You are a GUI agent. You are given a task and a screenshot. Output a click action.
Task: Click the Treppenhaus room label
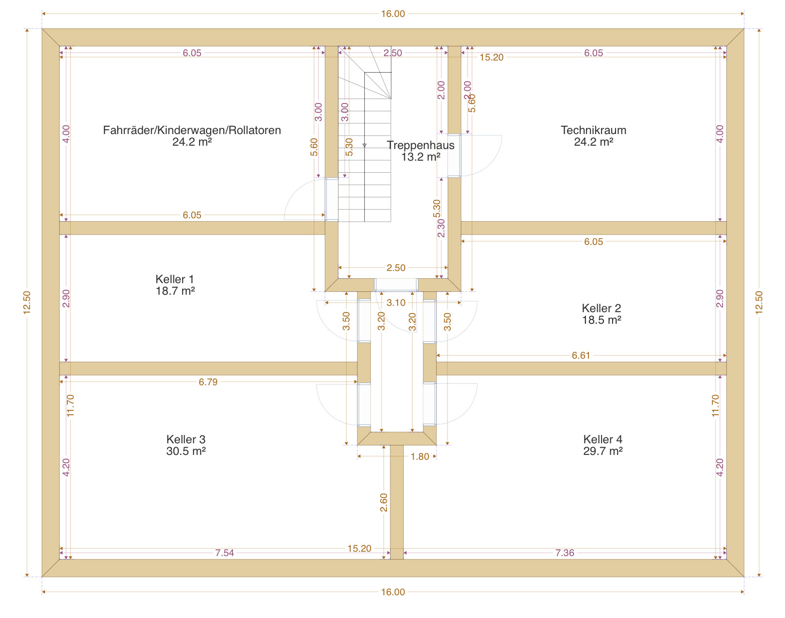[x=420, y=145]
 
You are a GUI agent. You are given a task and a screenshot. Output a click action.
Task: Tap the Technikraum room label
[x=593, y=130]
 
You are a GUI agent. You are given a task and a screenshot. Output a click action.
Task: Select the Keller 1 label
[x=175, y=279]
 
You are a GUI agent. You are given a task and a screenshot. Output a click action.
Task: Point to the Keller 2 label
[x=601, y=308]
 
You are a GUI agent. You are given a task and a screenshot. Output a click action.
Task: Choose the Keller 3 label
[x=185, y=439]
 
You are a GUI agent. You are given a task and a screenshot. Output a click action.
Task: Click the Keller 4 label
[x=602, y=439]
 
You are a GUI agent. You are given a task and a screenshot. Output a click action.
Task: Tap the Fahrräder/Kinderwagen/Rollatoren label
[x=192, y=130]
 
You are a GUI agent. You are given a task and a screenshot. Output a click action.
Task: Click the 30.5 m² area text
[x=185, y=451]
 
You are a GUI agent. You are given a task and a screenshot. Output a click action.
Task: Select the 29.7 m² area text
[x=602, y=451]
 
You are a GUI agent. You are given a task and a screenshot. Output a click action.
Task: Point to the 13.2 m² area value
[x=421, y=157]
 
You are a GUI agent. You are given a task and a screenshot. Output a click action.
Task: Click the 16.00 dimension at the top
[x=393, y=14]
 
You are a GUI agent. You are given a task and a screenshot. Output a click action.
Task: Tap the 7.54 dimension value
[x=224, y=553]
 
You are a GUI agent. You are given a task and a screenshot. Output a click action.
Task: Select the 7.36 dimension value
[x=565, y=553]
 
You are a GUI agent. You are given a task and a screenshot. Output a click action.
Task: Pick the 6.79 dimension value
[x=208, y=382]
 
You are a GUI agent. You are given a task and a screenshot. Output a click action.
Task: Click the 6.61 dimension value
[x=581, y=355]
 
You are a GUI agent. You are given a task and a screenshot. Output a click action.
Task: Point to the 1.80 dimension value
[x=420, y=456]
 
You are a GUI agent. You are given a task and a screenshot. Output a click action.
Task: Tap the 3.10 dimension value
[x=396, y=302]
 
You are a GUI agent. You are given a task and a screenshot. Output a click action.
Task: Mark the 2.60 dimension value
[x=384, y=502]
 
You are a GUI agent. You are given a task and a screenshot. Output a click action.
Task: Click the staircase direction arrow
[x=364, y=146]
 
